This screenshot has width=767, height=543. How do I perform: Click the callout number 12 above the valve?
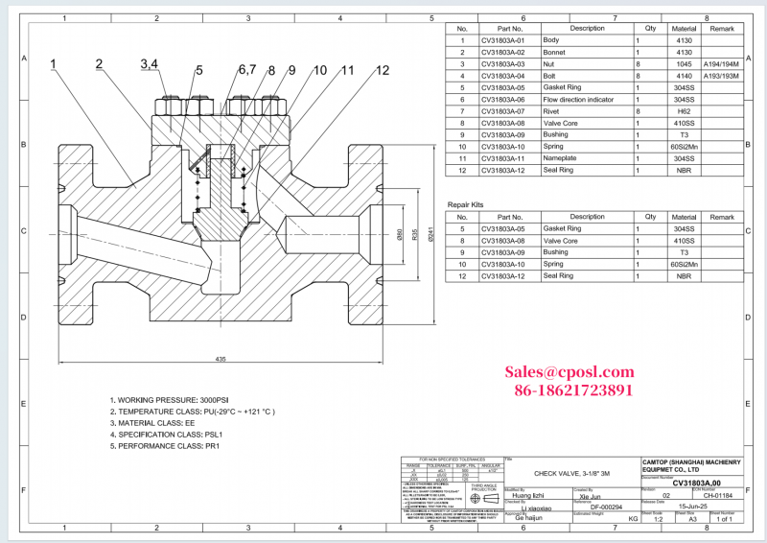382,70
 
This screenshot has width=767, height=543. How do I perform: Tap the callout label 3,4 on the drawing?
150,64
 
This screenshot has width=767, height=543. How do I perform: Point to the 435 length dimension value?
220,359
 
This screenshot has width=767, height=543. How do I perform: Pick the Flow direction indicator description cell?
579,99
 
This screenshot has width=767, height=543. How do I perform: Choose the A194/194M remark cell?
721,63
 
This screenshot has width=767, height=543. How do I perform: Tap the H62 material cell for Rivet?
683,110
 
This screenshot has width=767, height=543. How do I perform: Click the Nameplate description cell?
562,157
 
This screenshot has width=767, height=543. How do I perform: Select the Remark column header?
721,29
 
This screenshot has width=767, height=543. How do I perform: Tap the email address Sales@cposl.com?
569,372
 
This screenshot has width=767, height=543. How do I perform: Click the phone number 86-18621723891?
573,390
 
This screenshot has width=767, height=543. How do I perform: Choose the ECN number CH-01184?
717,495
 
